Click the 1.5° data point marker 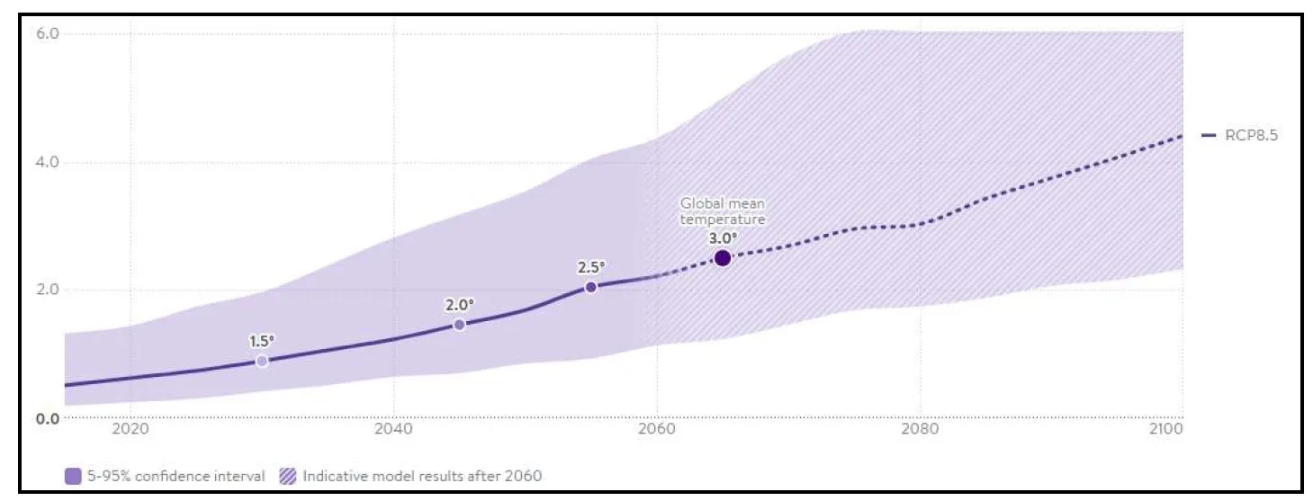pos(262,361)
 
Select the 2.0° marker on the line pos(459,325)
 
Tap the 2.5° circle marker pos(590,287)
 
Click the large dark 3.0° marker pos(722,258)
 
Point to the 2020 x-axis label pos(130,429)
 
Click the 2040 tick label pos(393,429)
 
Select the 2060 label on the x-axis pos(656,429)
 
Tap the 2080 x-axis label pos(919,429)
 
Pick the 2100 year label pos(1166,429)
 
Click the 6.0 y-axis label pos(48,33)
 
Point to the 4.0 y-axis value pos(48,163)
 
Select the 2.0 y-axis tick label pos(48,290)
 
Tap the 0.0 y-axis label pos(48,418)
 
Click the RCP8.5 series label pos(1252,136)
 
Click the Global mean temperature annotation pos(723,211)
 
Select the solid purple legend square pos(73,475)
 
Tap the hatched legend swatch pos(288,475)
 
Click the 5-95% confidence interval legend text pos(175,475)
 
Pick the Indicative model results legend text pos(422,475)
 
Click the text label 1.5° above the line pos(262,341)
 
